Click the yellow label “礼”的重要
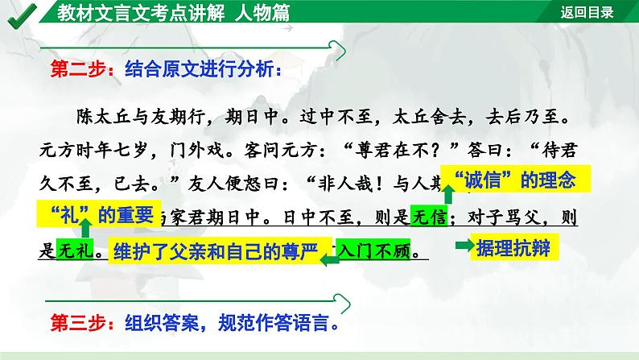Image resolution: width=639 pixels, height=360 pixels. coord(99,215)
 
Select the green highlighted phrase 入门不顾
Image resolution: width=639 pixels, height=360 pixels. coord(376,250)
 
